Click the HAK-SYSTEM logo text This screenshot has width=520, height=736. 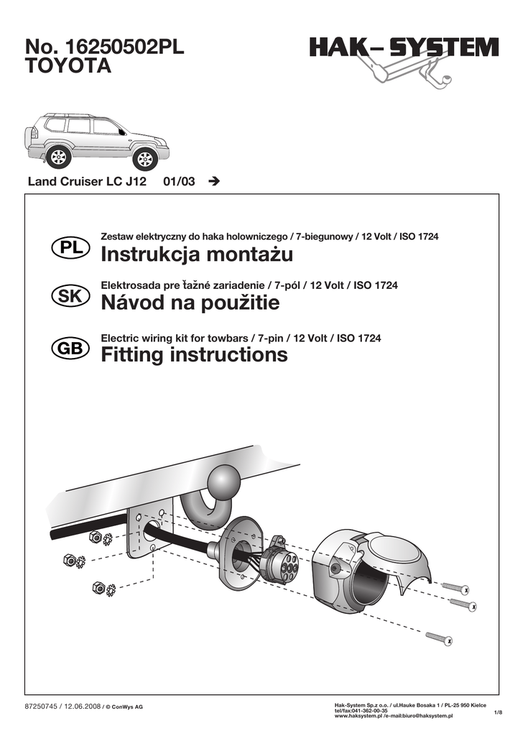click(404, 49)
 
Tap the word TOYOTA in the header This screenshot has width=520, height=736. click(69, 67)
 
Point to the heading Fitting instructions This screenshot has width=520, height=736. click(194, 354)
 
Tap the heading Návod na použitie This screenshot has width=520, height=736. click(190, 303)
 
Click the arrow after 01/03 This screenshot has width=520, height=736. click(213, 182)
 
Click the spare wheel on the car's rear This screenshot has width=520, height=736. click(30, 137)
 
